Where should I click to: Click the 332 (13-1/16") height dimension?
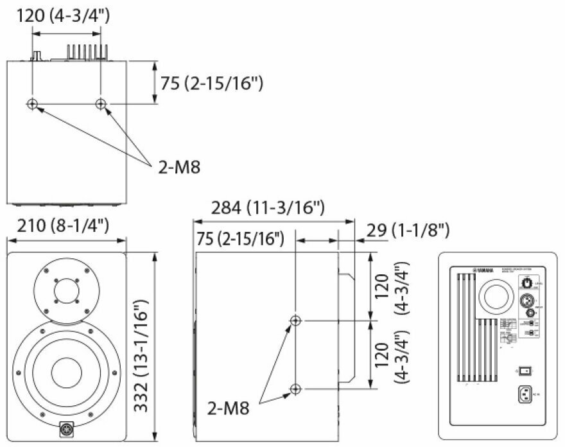(x=142, y=347)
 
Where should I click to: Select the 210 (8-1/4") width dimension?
(x=67, y=226)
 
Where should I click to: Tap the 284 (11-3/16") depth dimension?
(x=268, y=207)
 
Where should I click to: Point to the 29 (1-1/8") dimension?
(x=407, y=229)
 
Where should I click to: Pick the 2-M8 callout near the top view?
(x=179, y=168)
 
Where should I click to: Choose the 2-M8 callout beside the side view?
(x=232, y=408)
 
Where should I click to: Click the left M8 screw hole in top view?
(x=32, y=104)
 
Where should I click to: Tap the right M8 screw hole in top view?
(x=100, y=104)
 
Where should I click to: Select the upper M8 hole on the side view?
(x=295, y=320)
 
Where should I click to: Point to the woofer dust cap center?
(x=65, y=372)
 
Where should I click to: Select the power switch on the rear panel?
(x=526, y=371)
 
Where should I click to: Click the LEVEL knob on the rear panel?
(x=528, y=282)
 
